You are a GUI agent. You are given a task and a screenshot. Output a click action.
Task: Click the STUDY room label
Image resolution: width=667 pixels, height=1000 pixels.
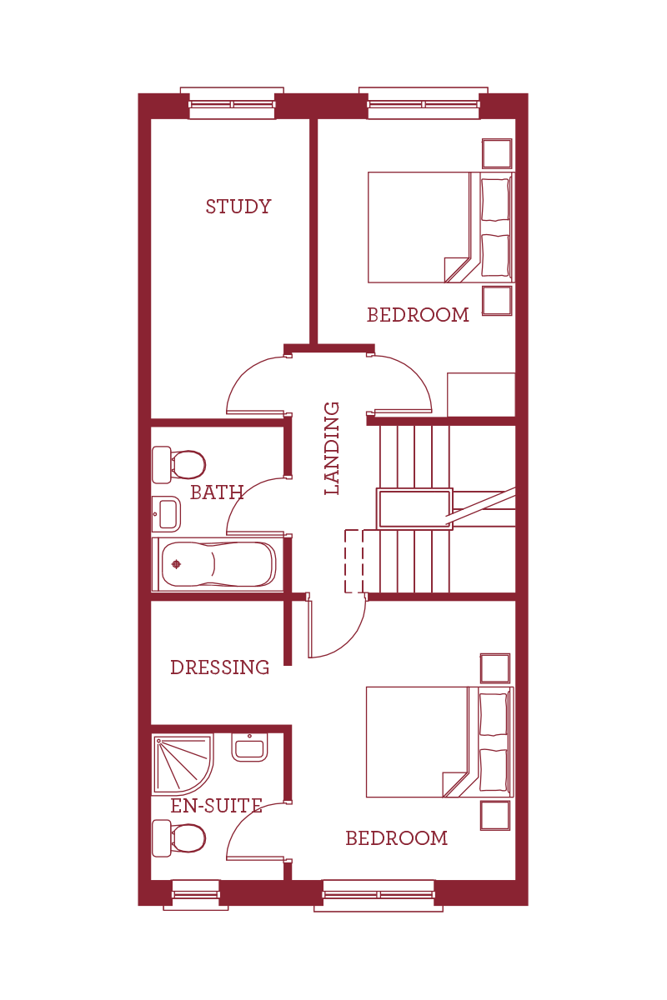(x=238, y=207)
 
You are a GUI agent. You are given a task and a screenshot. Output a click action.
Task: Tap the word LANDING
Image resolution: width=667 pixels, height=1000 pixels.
(x=332, y=448)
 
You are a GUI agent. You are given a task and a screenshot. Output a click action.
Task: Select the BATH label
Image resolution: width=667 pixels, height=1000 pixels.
(x=216, y=492)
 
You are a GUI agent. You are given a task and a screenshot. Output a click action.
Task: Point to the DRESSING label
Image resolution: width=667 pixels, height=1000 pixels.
(x=219, y=667)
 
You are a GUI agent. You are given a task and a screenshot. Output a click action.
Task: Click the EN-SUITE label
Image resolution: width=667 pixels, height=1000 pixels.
(x=217, y=806)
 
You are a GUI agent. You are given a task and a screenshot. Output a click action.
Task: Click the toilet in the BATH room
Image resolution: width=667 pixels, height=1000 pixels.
(x=178, y=464)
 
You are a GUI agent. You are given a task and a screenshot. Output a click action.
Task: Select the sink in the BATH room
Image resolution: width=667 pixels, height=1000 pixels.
(x=167, y=513)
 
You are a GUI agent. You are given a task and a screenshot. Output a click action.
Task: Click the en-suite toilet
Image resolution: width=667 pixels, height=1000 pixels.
(x=178, y=837)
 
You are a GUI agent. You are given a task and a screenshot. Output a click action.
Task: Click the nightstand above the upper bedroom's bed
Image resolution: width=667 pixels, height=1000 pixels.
(x=497, y=153)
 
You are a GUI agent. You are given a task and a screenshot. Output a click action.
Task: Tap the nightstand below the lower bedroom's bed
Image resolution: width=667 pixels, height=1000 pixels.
(x=495, y=816)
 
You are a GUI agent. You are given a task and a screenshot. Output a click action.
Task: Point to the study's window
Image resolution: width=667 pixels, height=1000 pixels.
(x=232, y=104)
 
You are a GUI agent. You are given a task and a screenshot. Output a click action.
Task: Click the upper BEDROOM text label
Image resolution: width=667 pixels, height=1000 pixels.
(x=418, y=315)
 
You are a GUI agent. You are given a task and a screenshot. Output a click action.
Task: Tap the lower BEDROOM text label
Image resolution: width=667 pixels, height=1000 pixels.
(x=396, y=838)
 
